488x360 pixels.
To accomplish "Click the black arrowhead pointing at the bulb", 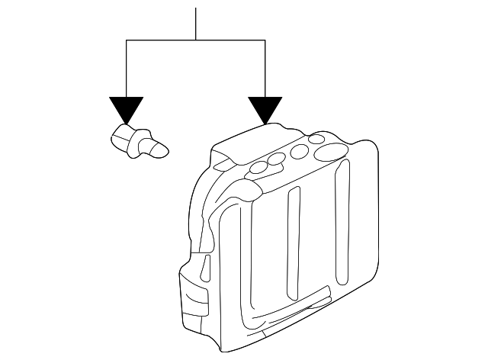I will click(126, 109).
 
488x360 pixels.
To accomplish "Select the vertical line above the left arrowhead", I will click(126, 69).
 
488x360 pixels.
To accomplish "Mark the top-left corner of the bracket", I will click(126, 40).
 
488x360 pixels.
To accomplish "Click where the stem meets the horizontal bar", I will click(196, 40).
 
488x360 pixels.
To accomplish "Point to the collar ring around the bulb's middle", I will click(139, 142).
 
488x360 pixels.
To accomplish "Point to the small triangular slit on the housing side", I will click(207, 266).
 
